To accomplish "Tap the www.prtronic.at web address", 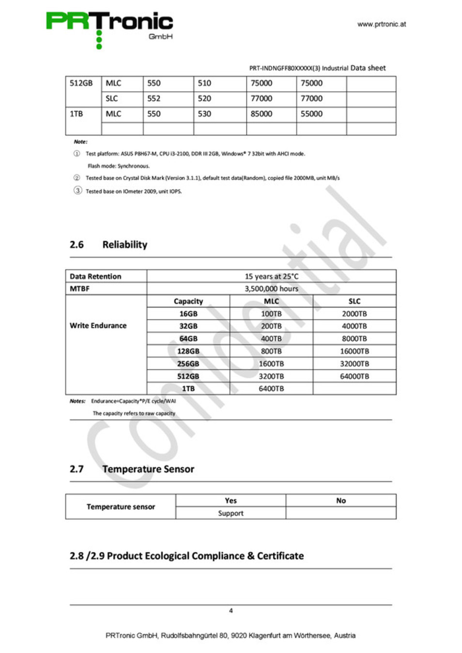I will [382, 24].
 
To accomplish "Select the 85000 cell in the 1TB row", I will [262, 114].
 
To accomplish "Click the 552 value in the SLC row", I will [154, 99].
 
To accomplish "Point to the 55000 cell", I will [311, 114].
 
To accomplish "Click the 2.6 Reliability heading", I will [108, 245].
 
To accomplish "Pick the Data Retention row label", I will [95, 276].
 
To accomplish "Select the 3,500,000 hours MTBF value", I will [271, 289].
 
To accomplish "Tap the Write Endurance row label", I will [98, 326].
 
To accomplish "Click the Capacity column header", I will [188, 301].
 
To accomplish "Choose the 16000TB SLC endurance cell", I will [354, 351].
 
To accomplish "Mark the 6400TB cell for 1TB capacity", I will [271, 389].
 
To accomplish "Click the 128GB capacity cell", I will [188, 351].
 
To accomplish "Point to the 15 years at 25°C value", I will [271, 276].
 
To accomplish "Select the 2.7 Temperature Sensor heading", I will [132, 469].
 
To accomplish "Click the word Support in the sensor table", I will [231, 513].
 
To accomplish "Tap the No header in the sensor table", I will [341, 501].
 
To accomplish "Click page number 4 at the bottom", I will [231, 611].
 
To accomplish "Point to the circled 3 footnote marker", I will [77, 191].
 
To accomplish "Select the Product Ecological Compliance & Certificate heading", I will [187, 556].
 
